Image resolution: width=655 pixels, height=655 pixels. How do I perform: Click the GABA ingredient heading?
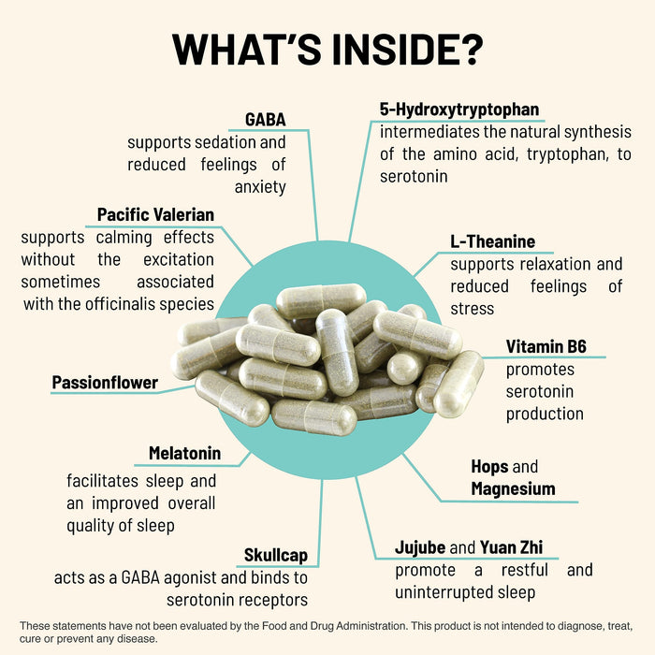click(x=265, y=120)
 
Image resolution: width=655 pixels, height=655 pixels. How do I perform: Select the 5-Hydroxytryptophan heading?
click(x=459, y=109)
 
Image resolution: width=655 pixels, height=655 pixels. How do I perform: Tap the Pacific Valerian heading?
click(x=155, y=214)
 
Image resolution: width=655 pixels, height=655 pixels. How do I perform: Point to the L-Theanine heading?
click(x=492, y=242)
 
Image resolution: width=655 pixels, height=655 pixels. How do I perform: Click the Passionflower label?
click(x=105, y=382)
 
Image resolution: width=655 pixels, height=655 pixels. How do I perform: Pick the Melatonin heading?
click(x=184, y=454)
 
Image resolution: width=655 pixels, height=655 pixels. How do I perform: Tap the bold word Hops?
click(x=489, y=466)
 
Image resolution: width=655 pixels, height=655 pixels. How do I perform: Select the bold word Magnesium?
click(x=513, y=488)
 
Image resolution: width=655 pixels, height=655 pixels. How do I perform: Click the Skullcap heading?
click(x=275, y=555)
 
